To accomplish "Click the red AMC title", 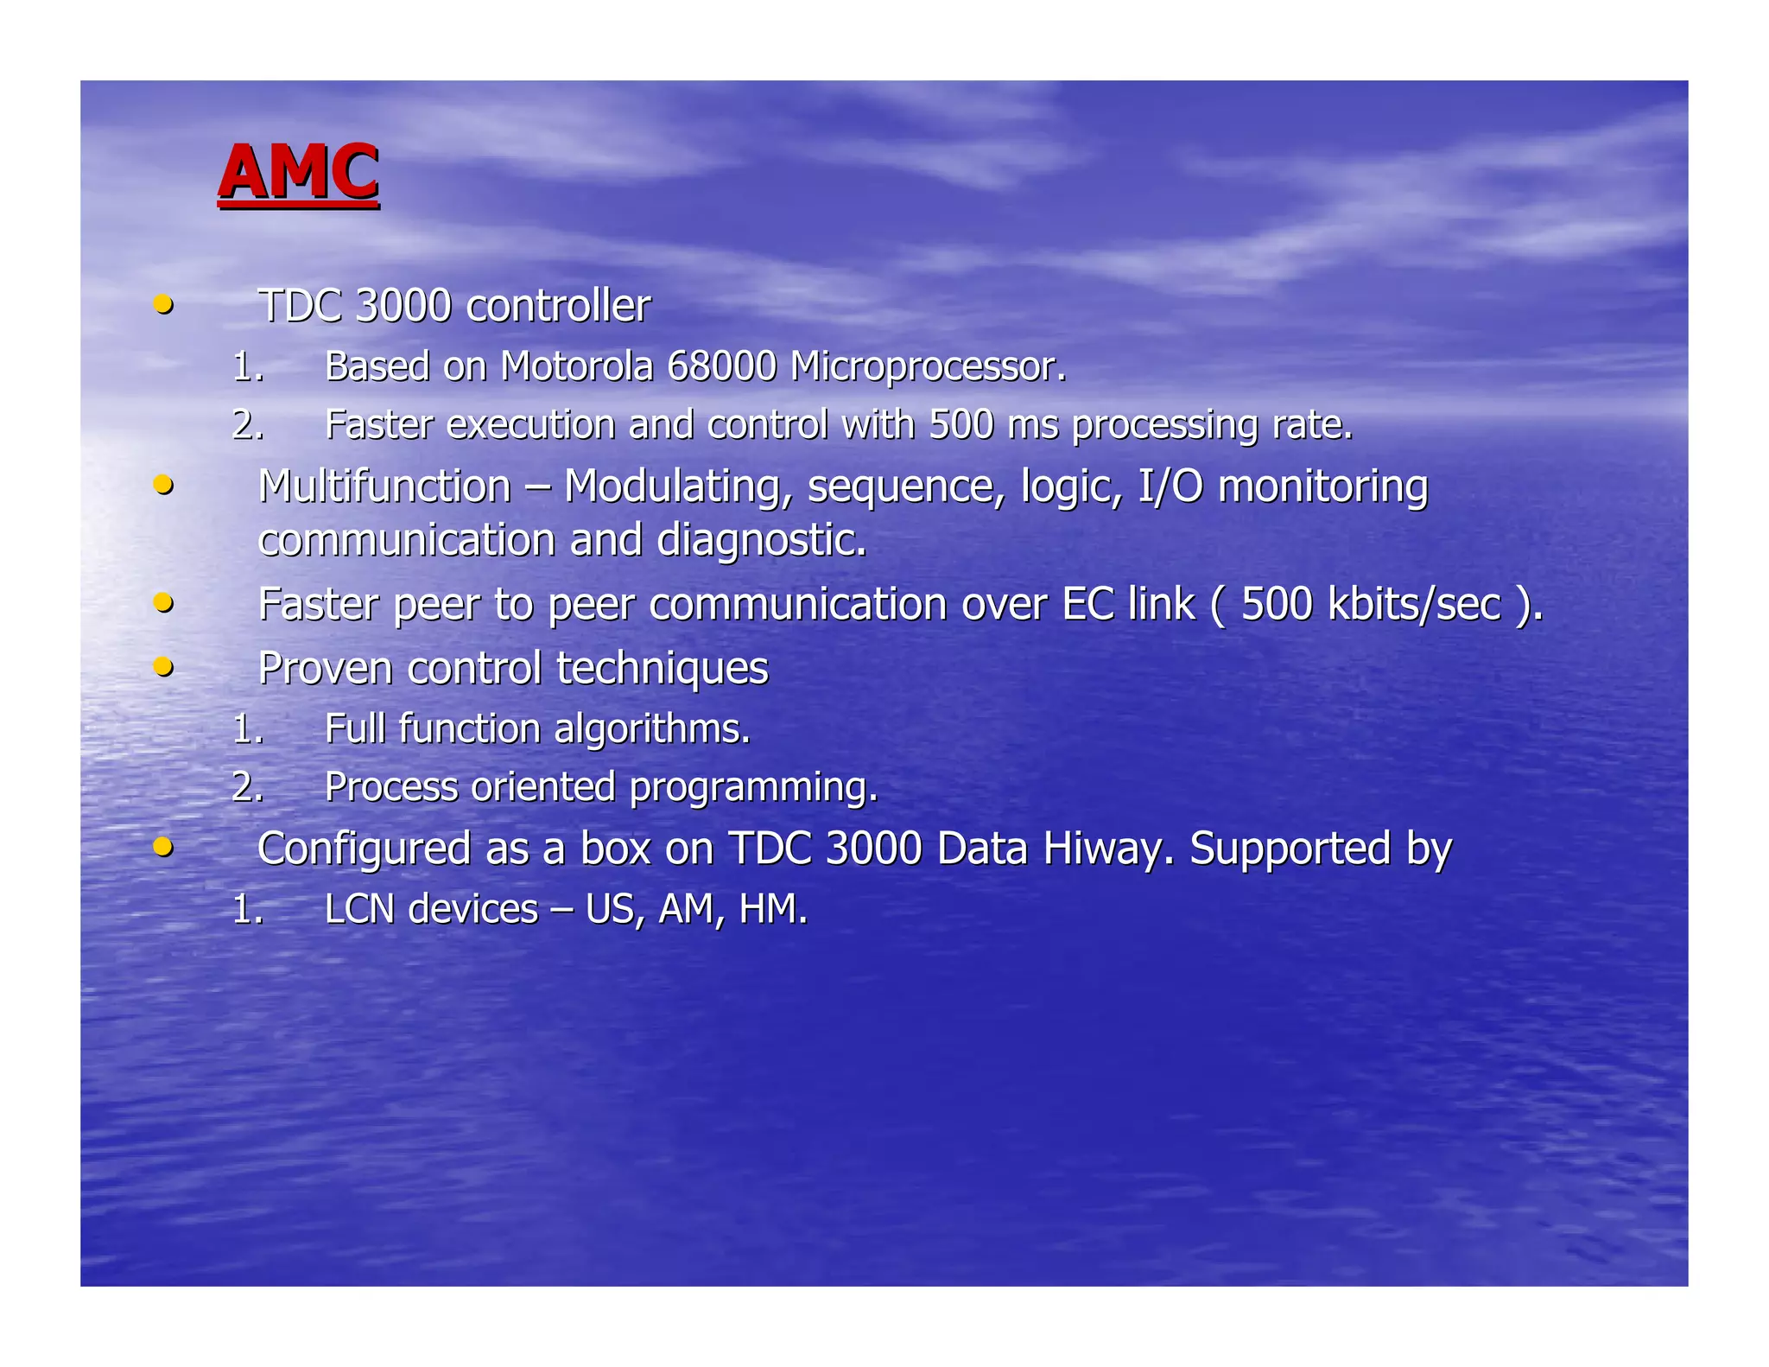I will coord(298,172).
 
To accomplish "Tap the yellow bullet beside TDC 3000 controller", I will coord(162,304).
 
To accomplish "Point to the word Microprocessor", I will coord(927,366).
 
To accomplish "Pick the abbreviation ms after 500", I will coord(1033,425).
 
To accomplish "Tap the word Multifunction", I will coord(384,486).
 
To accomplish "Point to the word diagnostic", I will coord(760,541).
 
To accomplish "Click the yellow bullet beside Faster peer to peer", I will coord(162,602).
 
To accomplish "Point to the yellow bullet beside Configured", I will coord(162,847).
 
